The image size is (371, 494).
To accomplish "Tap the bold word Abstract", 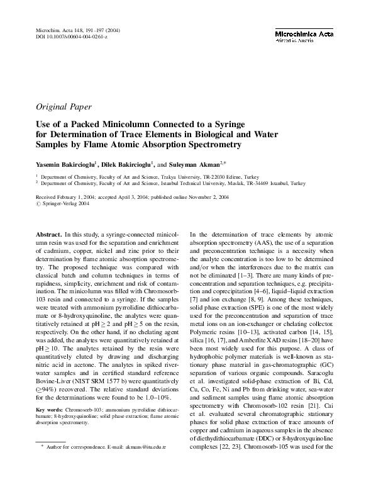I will click(49, 234).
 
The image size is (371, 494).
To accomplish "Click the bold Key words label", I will click(50, 427).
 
